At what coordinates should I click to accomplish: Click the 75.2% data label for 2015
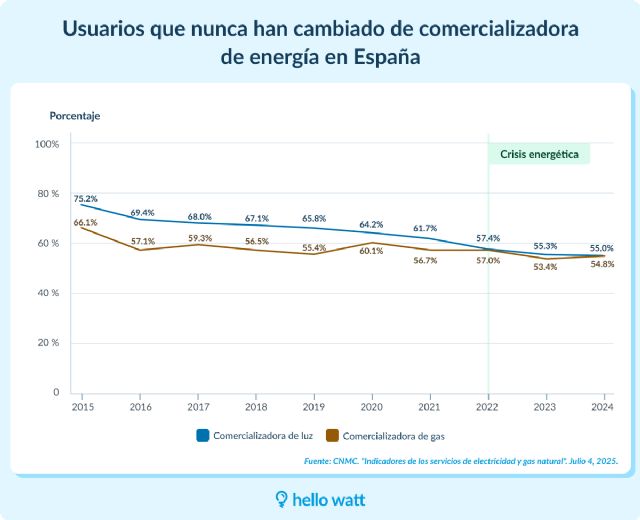pyautogui.click(x=85, y=198)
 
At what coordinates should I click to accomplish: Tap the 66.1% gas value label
pyautogui.click(x=85, y=222)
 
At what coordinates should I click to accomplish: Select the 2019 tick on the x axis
pyautogui.click(x=315, y=408)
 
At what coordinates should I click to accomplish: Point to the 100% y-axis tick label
pyautogui.click(x=47, y=144)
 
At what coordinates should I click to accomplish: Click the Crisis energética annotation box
pyautogui.click(x=539, y=154)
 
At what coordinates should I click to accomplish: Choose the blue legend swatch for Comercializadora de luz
pyautogui.click(x=201, y=436)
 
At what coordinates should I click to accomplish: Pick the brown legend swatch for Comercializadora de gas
pyautogui.click(x=333, y=436)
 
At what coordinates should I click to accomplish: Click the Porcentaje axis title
pyautogui.click(x=75, y=116)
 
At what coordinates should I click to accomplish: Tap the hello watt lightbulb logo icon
pyautogui.click(x=282, y=497)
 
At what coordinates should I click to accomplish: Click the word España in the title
pyautogui.click(x=386, y=57)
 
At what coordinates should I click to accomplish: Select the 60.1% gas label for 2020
pyautogui.click(x=371, y=251)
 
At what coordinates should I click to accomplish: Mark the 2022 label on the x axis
pyautogui.click(x=488, y=408)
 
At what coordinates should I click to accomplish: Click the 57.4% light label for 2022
pyautogui.click(x=488, y=238)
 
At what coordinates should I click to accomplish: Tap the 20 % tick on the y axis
pyautogui.click(x=47, y=343)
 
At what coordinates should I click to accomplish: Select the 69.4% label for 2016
pyautogui.click(x=142, y=212)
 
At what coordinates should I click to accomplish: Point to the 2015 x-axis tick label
pyautogui.click(x=83, y=408)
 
